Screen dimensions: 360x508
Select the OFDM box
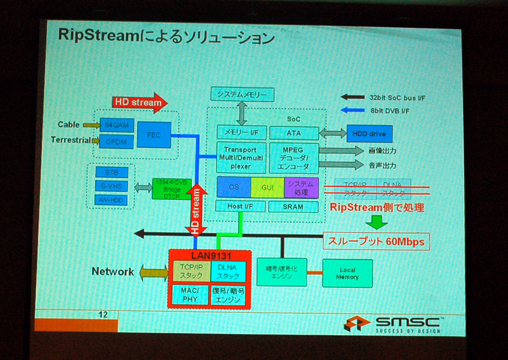tap(116, 140)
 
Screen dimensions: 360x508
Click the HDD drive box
tap(369, 134)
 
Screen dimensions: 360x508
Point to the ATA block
tap(293, 133)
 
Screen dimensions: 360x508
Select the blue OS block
tap(233, 187)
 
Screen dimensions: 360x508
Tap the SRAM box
tap(293, 207)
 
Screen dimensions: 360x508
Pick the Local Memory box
tap(347, 274)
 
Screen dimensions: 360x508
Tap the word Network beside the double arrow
tap(112, 272)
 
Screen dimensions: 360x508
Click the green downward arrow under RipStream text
tap(378, 222)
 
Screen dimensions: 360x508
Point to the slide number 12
tap(104, 314)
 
